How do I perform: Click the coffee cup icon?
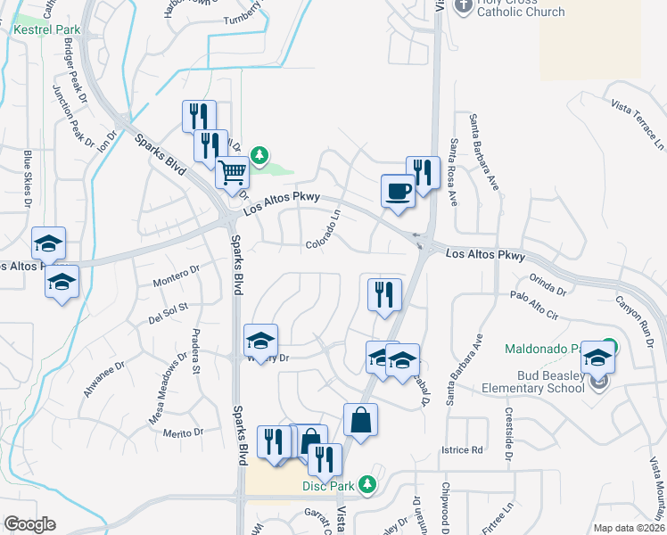click(x=398, y=190)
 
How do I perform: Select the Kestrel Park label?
click(x=45, y=29)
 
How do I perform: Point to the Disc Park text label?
click(x=328, y=486)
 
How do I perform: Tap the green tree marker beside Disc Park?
click(x=365, y=485)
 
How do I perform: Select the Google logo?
click(x=29, y=524)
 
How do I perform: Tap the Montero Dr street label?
click(x=175, y=273)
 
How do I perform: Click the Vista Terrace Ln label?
click(x=638, y=123)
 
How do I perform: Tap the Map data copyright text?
click(x=629, y=527)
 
